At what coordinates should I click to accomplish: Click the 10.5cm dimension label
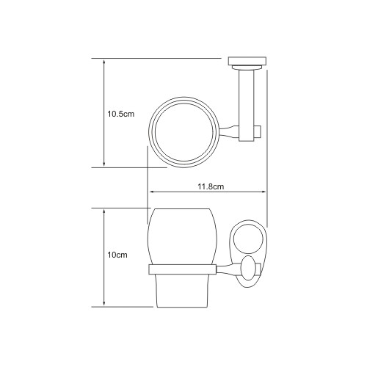121,114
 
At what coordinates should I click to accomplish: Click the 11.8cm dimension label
211,186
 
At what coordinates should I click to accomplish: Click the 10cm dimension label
117,255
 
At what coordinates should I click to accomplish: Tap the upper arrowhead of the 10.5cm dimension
104,62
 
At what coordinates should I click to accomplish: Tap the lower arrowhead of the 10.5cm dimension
104,164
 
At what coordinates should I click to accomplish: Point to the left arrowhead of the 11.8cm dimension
152,192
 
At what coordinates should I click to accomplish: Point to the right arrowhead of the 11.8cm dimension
263,192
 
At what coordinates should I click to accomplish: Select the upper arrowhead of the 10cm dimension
104,211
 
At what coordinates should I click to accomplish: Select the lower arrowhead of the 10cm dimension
104,303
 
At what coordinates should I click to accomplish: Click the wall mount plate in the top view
247,61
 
